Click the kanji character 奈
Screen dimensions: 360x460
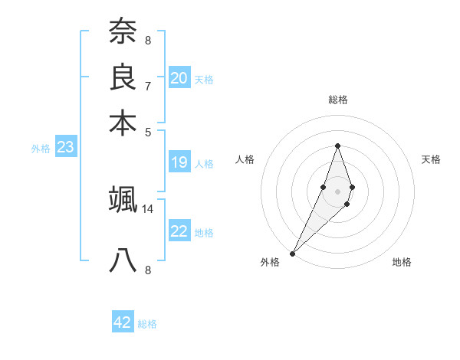(123, 33)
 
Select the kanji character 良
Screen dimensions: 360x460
(123, 77)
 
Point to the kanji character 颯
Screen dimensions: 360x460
(123, 200)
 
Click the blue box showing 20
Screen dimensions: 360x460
(179, 78)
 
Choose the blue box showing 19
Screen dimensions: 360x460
(179, 162)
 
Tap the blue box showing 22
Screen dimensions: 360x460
(179, 231)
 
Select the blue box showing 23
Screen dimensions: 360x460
(65, 148)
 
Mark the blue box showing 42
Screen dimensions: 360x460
(123, 322)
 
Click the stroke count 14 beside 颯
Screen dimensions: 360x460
(148, 208)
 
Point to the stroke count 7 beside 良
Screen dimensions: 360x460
(147, 86)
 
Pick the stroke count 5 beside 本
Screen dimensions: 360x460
(147, 131)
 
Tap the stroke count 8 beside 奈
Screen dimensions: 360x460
(147, 41)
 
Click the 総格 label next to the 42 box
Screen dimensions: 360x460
(147, 324)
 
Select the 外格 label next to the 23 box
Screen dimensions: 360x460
(41, 149)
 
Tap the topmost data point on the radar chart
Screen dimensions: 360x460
(337, 146)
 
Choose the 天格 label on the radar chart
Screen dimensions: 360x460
(431, 159)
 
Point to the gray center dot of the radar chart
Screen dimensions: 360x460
(337, 191)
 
